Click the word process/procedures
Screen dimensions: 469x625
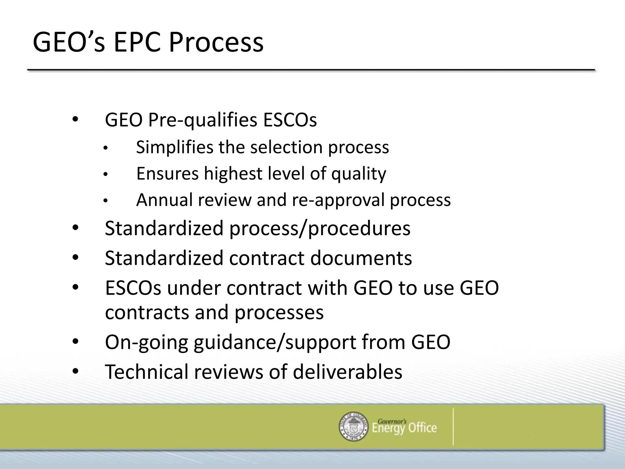point(320,228)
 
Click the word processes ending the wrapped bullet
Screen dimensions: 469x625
point(279,313)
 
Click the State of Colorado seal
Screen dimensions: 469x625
point(354,426)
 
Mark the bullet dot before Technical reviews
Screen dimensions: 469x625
point(75,371)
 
